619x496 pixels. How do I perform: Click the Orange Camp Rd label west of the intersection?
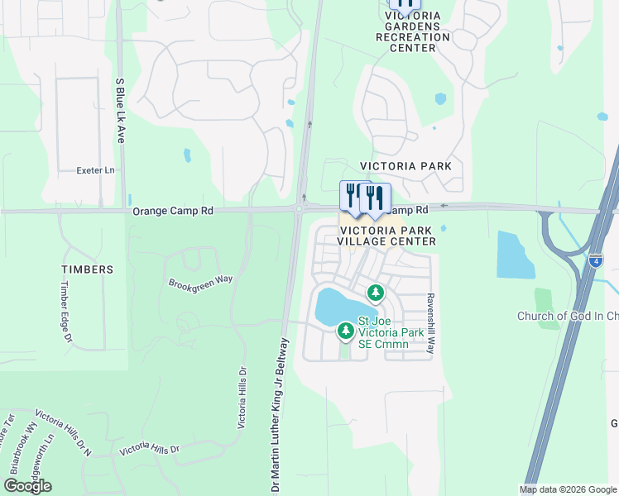173,212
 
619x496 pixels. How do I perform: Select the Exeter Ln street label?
95,171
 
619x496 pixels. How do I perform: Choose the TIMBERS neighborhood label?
87,269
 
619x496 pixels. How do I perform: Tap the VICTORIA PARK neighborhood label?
405,166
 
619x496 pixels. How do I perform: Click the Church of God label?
567,317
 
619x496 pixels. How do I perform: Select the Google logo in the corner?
27,486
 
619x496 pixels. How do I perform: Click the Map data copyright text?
567,489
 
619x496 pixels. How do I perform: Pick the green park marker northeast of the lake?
376,293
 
